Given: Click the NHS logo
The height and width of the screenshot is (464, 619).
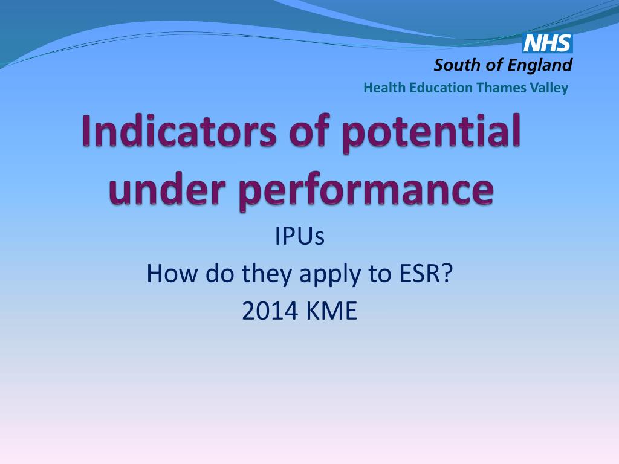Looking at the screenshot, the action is [548, 43].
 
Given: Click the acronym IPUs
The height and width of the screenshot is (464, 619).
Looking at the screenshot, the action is [300, 237].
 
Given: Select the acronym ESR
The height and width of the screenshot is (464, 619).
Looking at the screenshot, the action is [420, 274].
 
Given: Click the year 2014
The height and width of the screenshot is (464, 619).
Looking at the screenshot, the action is [270, 311].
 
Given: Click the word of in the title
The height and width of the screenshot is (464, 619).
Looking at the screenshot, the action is [310, 130].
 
